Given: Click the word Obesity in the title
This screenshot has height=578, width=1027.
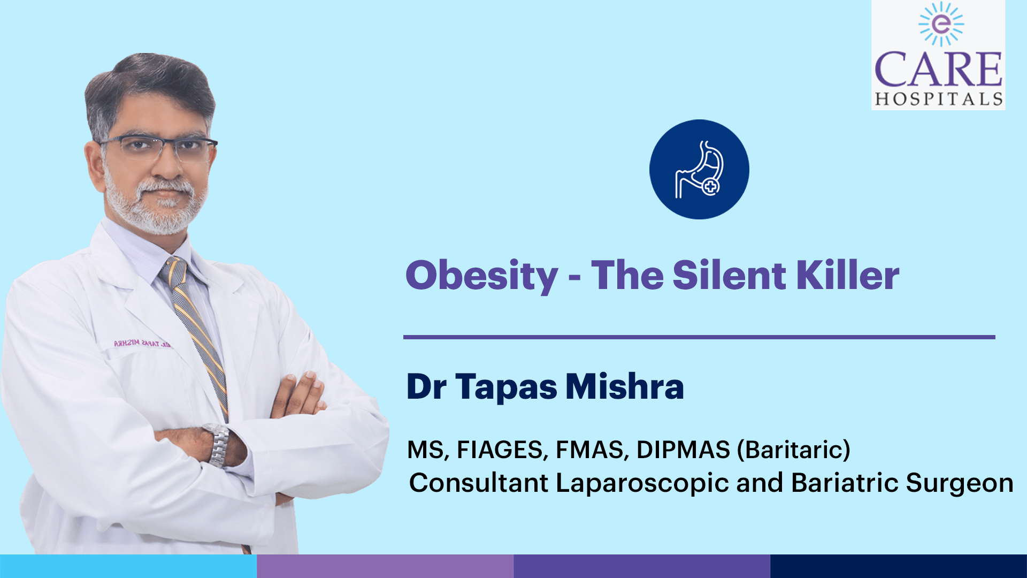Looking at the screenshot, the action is (482, 276).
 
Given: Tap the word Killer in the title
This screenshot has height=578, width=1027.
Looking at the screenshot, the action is (847, 275).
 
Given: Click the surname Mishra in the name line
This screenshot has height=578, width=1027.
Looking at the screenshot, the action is (625, 386).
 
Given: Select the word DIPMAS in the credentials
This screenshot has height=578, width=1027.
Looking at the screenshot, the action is (683, 450).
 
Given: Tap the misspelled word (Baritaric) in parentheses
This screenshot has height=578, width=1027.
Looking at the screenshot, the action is (794, 450).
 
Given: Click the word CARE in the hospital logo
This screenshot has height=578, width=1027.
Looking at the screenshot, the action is (938, 69).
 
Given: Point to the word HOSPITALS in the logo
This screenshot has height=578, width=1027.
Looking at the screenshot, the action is (939, 99).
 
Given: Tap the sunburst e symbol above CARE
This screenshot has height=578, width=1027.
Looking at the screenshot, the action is (941, 24).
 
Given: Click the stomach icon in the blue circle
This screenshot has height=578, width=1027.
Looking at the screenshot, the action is (700, 169).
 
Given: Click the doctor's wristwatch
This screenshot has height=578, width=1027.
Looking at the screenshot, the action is (218, 444).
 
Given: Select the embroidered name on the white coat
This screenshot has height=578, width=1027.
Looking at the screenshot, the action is (142, 344).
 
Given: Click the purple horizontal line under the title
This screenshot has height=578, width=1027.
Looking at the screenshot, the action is (699, 337).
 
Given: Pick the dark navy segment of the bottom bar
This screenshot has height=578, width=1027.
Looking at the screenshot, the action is (899, 566).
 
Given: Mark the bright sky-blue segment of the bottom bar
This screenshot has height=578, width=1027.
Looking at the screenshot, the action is (128, 566).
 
